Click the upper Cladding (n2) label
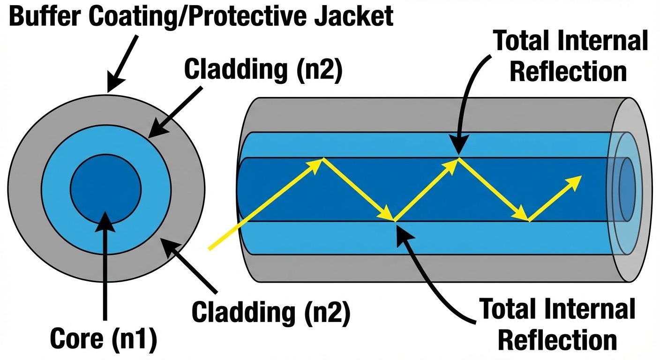point(263,70)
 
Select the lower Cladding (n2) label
point(271,313)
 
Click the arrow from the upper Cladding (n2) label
point(176,113)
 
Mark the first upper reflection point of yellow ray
point(322,160)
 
